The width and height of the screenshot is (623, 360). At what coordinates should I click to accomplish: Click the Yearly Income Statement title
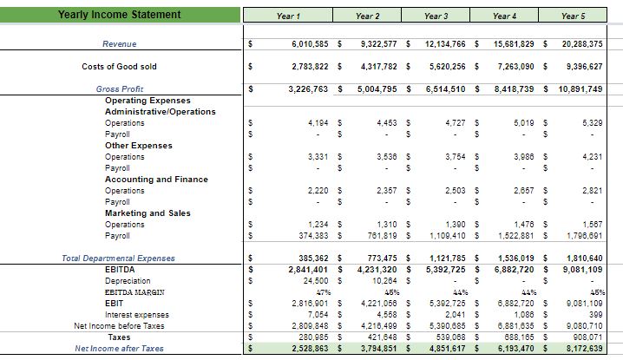click(x=120, y=15)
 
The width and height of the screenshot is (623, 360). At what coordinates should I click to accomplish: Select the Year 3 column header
click(x=436, y=16)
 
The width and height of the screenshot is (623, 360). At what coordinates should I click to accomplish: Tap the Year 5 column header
click(x=573, y=16)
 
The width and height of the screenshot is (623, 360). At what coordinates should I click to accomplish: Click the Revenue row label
click(x=119, y=43)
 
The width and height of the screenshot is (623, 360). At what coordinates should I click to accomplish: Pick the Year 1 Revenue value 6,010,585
click(x=298, y=43)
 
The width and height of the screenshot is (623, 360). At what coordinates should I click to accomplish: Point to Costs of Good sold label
click(x=119, y=66)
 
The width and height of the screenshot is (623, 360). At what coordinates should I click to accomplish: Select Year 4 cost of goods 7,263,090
click(x=507, y=66)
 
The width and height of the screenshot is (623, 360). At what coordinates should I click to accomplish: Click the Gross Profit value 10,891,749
click(x=574, y=88)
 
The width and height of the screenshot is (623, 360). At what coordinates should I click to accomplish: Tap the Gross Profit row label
click(x=120, y=88)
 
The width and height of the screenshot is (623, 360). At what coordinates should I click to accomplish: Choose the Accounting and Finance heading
click(x=156, y=180)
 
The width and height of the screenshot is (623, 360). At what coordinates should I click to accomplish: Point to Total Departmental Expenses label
click(x=119, y=258)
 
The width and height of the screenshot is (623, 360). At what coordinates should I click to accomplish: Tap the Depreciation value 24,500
click(x=310, y=281)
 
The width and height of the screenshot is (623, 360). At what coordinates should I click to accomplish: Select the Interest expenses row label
click(x=136, y=315)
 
